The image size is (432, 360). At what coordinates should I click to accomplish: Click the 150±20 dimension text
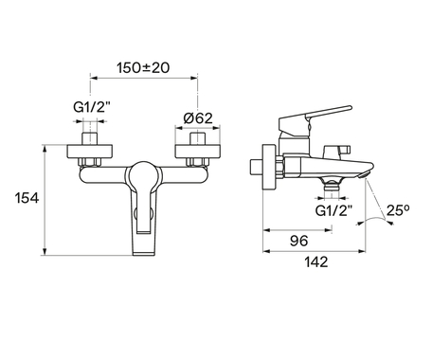click(x=143, y=67)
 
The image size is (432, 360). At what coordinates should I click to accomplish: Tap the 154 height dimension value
click(x=27, y=198)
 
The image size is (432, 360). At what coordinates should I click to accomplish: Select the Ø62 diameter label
click(x=198, y=118)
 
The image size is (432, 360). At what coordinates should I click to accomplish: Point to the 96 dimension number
click(x=298, y=241)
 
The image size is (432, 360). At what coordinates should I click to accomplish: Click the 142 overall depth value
click(x=316, y=261)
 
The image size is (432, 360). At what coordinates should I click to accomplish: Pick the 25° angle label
click(x=398, y=210)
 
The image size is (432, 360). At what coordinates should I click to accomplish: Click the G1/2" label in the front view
click(x=92, y=107)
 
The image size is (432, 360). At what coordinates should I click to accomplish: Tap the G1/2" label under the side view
click(x=334, y=210)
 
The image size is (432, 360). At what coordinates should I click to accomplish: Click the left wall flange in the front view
click(x=90, y=152)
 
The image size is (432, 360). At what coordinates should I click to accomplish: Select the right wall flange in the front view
click(x=198, y=152)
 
